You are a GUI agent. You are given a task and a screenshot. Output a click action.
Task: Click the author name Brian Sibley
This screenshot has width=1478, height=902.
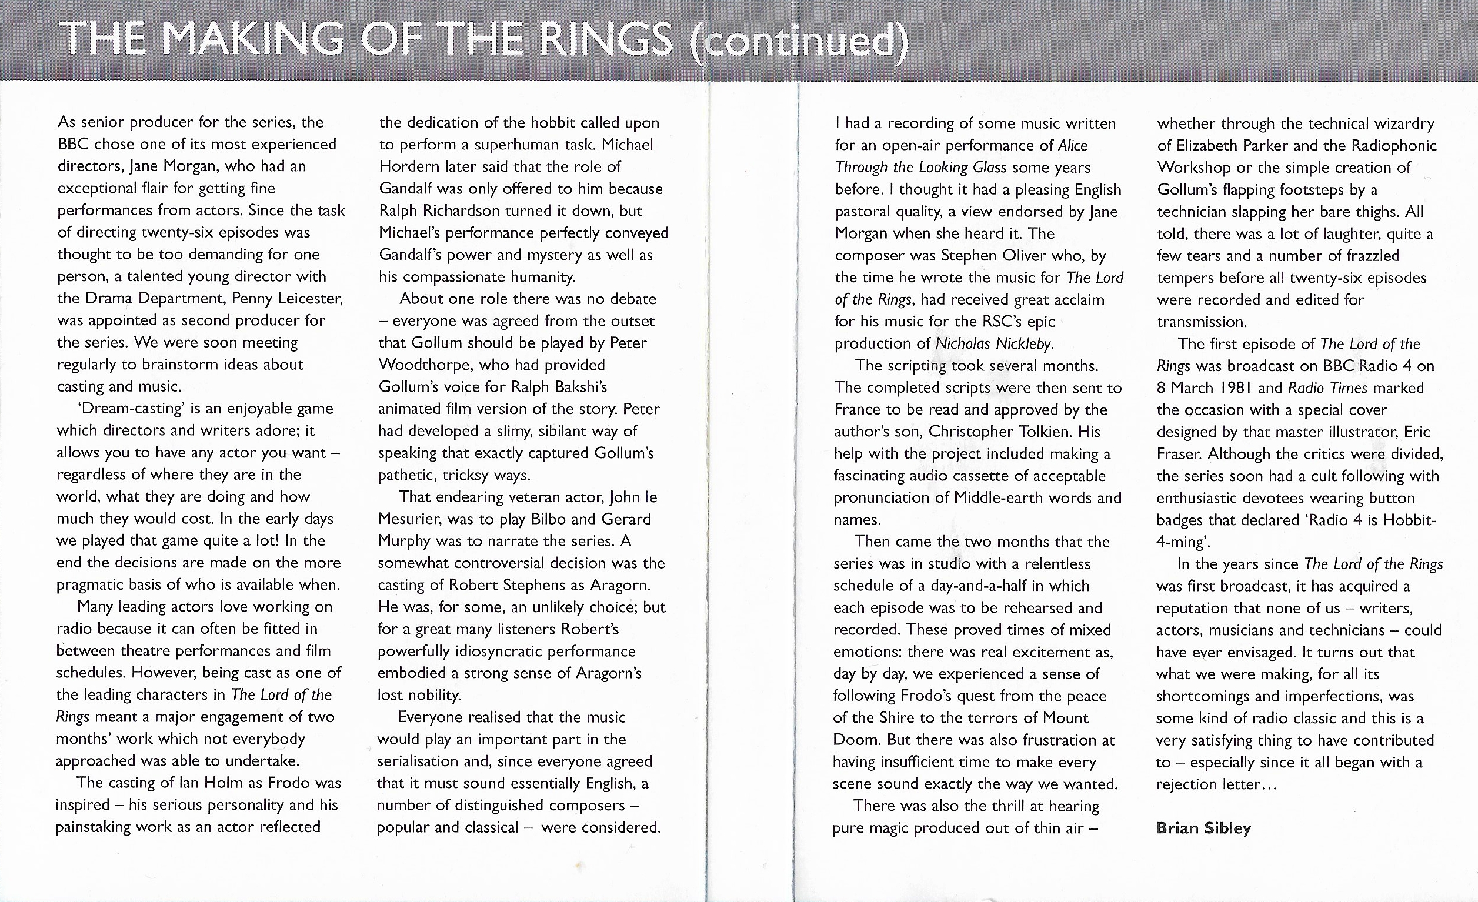1203,828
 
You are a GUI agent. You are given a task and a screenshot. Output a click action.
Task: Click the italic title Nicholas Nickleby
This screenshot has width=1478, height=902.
993,343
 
